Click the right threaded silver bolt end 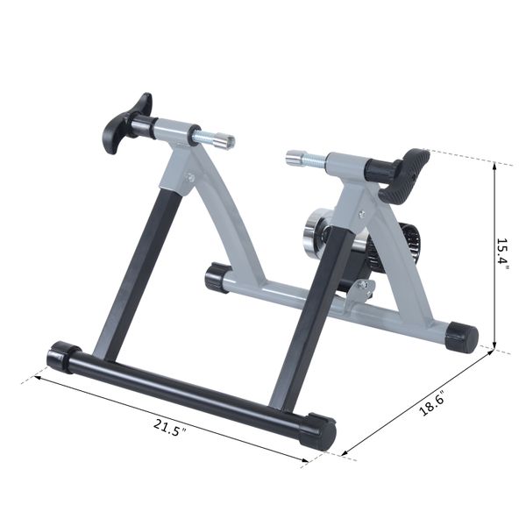click(x=299, y=158)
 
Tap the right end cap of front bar click(x=318, y=432)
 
